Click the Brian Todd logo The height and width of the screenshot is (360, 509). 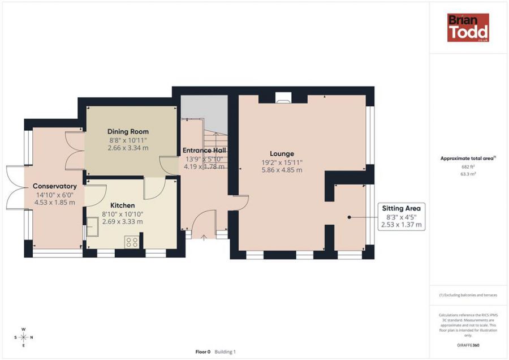[x=468, y=28]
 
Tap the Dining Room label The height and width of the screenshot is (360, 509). [x=128, y=131]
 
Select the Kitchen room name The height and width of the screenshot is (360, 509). [x=122, y=205]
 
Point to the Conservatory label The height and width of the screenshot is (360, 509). [x=54, y=186]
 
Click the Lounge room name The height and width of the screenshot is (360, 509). [x=282, y=154]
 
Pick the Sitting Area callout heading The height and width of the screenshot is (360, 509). [x=401, y=208]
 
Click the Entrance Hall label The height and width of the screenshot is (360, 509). [x=204, y=151]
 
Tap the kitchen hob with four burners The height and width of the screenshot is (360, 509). [x=132, y=242]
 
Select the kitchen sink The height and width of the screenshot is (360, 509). [x=93, y=226]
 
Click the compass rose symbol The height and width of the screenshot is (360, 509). [x=23, y=337]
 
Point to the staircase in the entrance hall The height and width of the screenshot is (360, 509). [x=215, y=149]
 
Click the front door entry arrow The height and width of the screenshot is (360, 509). [x=204, y=238]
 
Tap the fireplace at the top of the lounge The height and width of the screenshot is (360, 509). [x=283, y=98]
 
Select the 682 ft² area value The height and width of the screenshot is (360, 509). [x=468, y=166]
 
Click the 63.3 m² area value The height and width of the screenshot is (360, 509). [x=468, y=174]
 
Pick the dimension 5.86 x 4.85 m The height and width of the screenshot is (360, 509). [x=282, y=170]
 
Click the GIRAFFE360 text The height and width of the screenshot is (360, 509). [x=468, y=345]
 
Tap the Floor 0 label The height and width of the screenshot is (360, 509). [x=203, y=352]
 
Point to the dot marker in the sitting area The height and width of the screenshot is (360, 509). [x=350, y=217]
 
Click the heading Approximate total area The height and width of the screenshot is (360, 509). [x=468, y=158]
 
